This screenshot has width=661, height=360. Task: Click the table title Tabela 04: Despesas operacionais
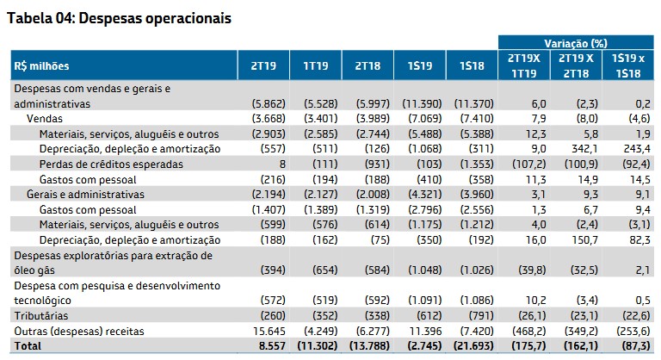pyautogui.click(x=119, y=18)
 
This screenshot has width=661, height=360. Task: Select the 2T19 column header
pyautogui.click(x=263, y=66)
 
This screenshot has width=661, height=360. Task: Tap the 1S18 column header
pyautogui.click(x=471, y=66)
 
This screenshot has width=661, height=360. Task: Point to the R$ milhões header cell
pyautogui.click(x=41, y=66)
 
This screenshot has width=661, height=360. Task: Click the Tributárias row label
pyautogui.click(x=38, y=314)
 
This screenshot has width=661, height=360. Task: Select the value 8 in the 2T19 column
pyautogui.click(x=279, y=164)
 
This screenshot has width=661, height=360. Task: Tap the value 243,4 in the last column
pyautogui.click(x=635, y=149)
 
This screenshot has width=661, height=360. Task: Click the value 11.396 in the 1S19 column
pyautogui.click(x=421, y=330)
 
